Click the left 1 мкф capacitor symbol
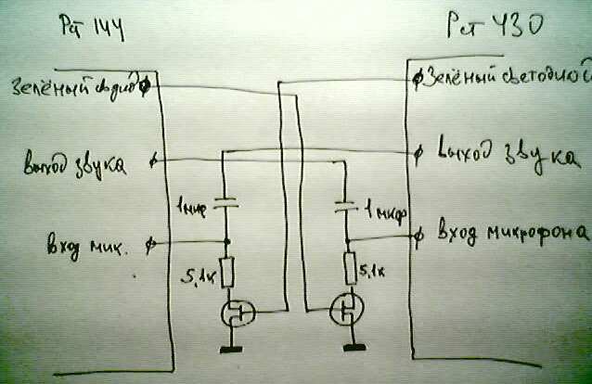pyautogui.click(x=225, y=204)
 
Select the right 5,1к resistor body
pyautogui.click(x=349, y=270)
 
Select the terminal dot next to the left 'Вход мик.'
pyautogui.click(x=152, y=245)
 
